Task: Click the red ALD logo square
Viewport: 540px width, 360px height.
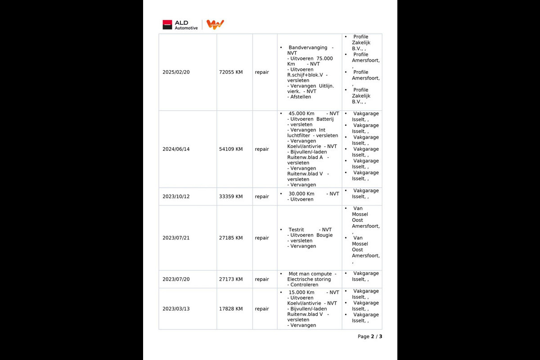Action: coord(167,25)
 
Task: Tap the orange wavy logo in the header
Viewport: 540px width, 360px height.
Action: coord(215,24)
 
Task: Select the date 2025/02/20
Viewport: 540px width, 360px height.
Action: coord(176,72)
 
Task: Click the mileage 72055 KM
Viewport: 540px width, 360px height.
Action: coord(231,72)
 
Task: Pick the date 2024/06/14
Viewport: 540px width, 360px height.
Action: coord(176,149)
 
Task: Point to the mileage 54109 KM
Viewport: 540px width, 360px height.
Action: coord(231,149)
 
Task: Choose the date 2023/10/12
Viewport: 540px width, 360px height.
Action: coord(176,196)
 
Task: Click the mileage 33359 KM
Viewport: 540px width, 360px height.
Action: coord(231,196)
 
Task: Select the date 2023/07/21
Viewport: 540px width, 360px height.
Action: coord(176,238)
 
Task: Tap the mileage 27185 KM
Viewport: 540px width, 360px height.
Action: coord(231,238)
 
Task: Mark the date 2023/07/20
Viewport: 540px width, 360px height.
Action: coord(176,279)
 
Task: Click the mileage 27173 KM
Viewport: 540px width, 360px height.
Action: coord(231,279)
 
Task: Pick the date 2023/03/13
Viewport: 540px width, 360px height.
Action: coord(176,309)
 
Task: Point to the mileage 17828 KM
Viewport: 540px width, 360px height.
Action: coord(231,309)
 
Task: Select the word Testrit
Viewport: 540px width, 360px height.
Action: coord(297,229)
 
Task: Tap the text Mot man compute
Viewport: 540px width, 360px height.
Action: coord(310,274)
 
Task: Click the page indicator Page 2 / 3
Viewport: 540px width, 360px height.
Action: coord(370,337)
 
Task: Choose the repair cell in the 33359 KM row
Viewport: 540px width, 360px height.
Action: coord(262,196)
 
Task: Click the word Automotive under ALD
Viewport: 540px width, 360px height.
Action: coord(186,28)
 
